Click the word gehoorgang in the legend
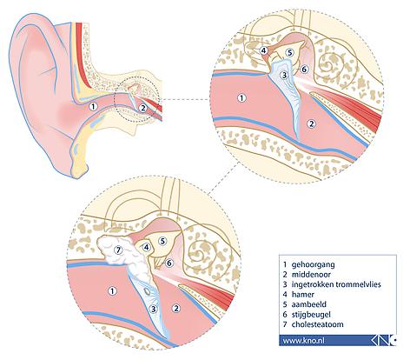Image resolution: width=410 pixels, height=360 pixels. coord(309,264)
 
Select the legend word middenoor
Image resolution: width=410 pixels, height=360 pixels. coord(307,274)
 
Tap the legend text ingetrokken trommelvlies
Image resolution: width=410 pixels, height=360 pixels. coord(336,284)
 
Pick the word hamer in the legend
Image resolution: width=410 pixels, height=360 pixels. coord(303,294)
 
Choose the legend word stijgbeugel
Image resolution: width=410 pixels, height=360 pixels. coord(311,315)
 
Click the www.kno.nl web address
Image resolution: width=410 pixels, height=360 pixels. coord(303,340)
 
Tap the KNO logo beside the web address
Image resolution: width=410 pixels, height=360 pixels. coord(384,340)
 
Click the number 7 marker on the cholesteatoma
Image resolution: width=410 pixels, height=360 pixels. coord(117,250)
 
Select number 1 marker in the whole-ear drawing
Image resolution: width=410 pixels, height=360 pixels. coord(93,107)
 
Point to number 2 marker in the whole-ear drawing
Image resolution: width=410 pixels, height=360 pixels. coord(142,108)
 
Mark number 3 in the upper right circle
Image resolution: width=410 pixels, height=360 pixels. coord(285,76)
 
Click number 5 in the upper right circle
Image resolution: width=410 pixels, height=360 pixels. coord(289,52)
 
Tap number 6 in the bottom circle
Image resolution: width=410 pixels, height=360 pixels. coord(169,263)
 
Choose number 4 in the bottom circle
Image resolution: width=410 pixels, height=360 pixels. coord(147,247)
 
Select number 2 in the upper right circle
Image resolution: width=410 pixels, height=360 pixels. coord(311,124)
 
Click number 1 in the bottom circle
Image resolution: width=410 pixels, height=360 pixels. coord(112,290)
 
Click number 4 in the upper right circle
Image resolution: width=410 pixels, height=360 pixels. coord(263,50)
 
